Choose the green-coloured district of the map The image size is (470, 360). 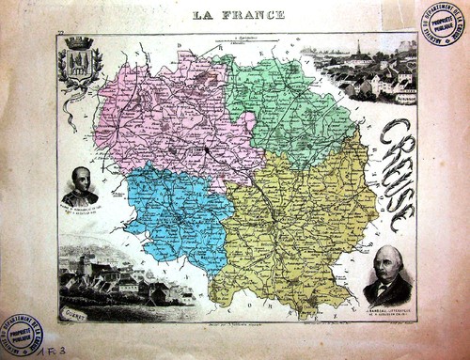click(287, 103)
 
